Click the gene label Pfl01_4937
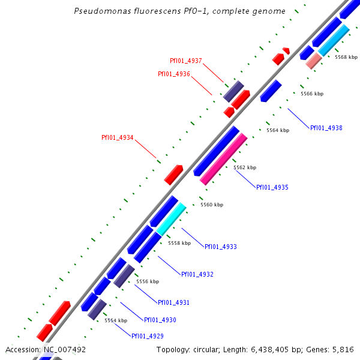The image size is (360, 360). click(186, 61)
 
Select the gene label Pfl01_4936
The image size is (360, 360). click(174, 74)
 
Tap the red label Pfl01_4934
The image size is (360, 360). click(118, 138)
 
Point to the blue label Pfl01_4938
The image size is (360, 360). click(326, 128)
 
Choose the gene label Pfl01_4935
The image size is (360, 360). click(272, 188)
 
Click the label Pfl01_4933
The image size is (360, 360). click(221, 247)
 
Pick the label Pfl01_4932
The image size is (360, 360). click(197, 275)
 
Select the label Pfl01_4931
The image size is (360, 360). click(174, 302)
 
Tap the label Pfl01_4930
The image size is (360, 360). click(160, 320)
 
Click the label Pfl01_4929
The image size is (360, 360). click(148, 336)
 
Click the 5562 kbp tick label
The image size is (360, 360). click(245, 167)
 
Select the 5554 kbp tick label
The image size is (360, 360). click(116, 320)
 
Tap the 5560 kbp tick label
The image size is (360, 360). click(212, 205)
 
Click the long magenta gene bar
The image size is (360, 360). click(223, 159)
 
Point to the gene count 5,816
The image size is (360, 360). click(343, 349)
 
